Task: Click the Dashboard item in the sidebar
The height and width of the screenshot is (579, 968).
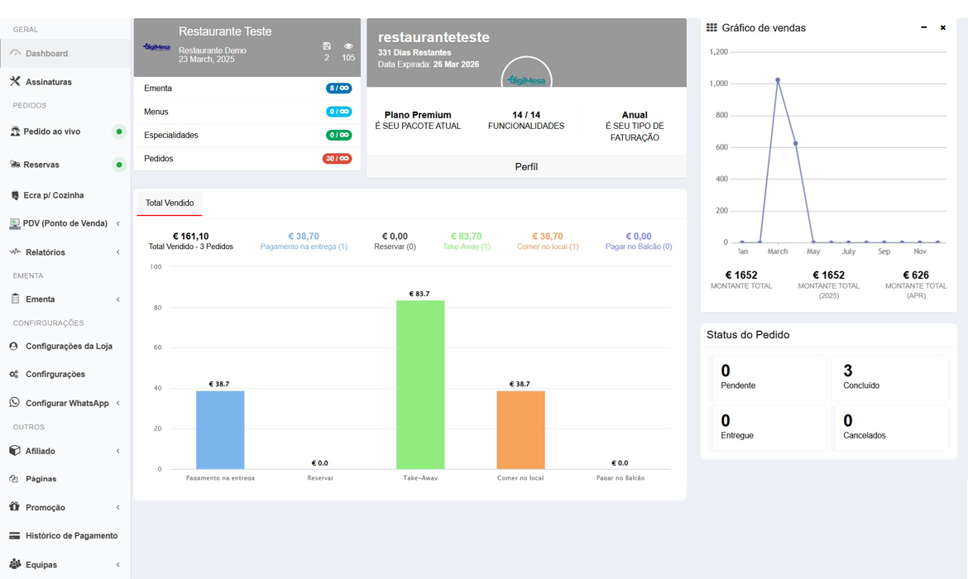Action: pos(46,54)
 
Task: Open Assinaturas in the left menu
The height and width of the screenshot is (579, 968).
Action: pos(48,82)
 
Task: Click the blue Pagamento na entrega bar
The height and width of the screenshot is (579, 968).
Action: pos(220,429)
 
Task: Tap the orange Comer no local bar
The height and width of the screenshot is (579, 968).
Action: pos(520,429)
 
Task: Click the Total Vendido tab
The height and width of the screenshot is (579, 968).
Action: pos(170,203)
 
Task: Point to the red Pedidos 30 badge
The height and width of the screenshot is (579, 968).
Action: pos(338,159)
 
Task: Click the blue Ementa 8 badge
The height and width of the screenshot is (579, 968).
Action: pos(338,89)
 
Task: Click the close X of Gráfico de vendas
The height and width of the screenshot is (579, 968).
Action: pos(943,28)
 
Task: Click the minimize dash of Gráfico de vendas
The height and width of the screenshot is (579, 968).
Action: pos(924,28)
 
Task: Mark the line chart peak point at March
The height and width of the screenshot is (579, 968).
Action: pos(778,80)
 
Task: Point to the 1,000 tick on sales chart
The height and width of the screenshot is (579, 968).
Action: pos(718,84)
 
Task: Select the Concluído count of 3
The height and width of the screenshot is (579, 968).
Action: pos(848,371)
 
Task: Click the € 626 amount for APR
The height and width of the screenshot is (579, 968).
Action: pos(916,275)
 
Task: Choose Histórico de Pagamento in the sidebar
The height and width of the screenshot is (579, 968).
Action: pos(71,536)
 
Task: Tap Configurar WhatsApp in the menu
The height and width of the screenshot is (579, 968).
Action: pos(67,403)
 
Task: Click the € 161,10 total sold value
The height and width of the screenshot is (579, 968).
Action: pos(190,237)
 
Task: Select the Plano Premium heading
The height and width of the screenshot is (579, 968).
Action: pos(418,115)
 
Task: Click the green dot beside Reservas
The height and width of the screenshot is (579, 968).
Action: pos(119,165)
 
